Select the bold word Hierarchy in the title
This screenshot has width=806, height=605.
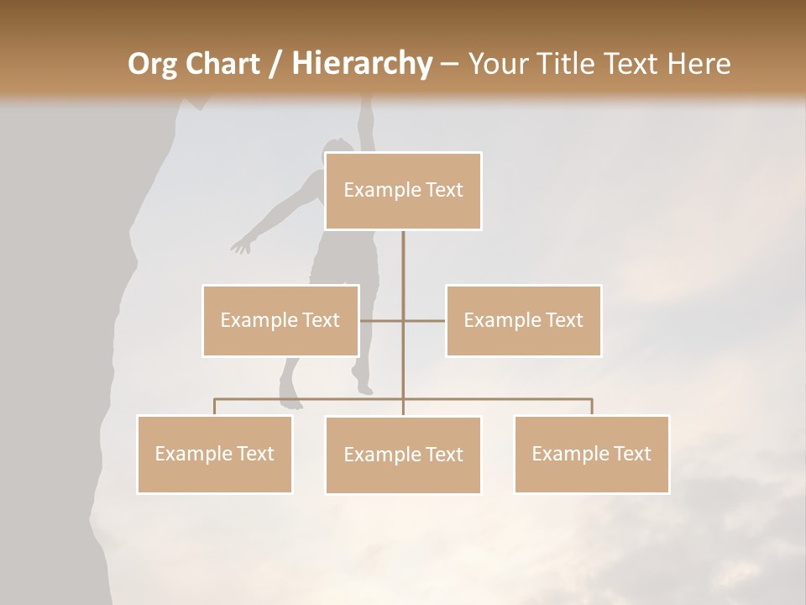pyautogui.click(x=361, y=64)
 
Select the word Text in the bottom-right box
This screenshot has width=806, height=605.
pyautogui.click(x=632, y=454)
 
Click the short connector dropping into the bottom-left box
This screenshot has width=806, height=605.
pyautogui.click(x=215, y=408)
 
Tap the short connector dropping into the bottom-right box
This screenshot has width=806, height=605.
pyautogui.click(x=592, y=408)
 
